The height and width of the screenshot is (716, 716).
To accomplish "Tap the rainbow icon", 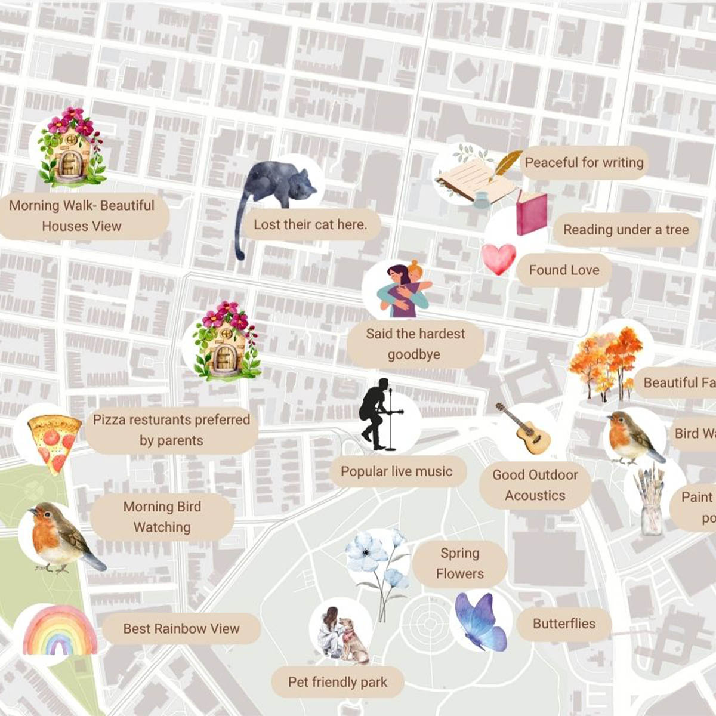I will (59, 631).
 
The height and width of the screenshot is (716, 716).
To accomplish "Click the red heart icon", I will (498, 258).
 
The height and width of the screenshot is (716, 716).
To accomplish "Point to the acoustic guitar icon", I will (524, 429).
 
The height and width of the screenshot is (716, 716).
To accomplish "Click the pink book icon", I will (531, 213).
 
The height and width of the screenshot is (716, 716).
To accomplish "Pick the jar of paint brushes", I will (650, 502).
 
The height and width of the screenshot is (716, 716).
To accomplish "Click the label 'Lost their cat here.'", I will (310, 225).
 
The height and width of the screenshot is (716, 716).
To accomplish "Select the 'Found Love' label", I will (564, 270).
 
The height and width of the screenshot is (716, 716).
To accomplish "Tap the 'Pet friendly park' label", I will (338, 682).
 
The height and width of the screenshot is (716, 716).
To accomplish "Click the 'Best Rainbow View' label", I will (181, 629).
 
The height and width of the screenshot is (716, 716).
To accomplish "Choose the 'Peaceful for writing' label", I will (584, 162).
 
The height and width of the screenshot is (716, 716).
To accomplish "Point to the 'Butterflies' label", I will (564, 624).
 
